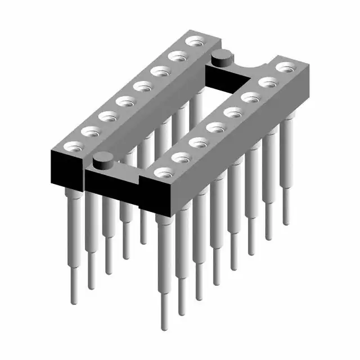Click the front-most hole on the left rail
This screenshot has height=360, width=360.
point(72,146)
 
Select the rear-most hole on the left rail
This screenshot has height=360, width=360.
point(195,41)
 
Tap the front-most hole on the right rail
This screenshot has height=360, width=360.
point(163,172)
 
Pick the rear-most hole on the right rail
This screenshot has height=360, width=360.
point(285,67)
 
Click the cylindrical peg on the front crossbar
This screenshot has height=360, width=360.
point(102,160)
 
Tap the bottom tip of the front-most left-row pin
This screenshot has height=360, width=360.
point(74,301)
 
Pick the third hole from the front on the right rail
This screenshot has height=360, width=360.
point(197,142)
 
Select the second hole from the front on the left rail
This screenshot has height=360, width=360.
point(90,131)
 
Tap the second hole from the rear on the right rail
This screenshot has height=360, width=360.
point(268,82)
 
